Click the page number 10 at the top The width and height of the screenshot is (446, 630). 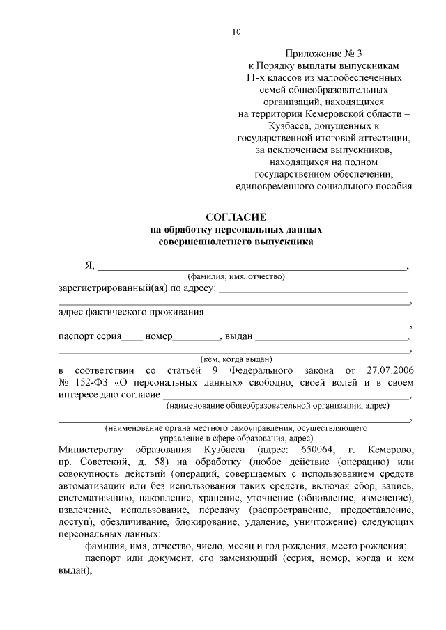point(236,31)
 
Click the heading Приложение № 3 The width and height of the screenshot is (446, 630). point(324,52)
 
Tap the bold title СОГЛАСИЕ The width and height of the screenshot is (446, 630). point(236,217)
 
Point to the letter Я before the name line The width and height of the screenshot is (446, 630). point(89,265)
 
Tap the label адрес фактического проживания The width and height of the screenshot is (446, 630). point(130,312)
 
